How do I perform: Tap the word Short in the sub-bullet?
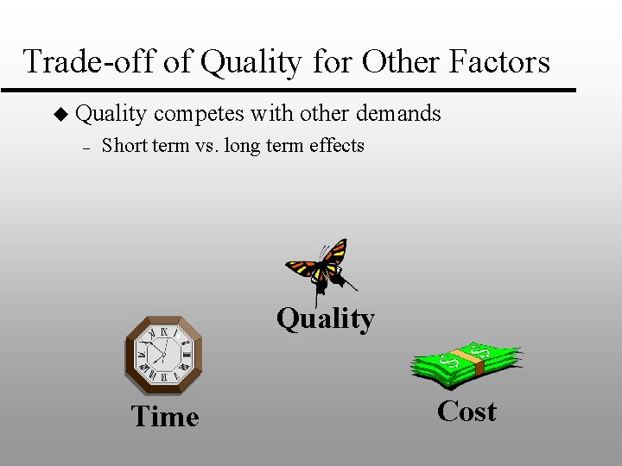124,145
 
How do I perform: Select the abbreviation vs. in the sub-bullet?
206,145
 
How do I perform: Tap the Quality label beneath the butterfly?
325,318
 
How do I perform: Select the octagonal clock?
164,354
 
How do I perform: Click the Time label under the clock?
165,417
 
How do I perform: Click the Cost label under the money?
466,412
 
